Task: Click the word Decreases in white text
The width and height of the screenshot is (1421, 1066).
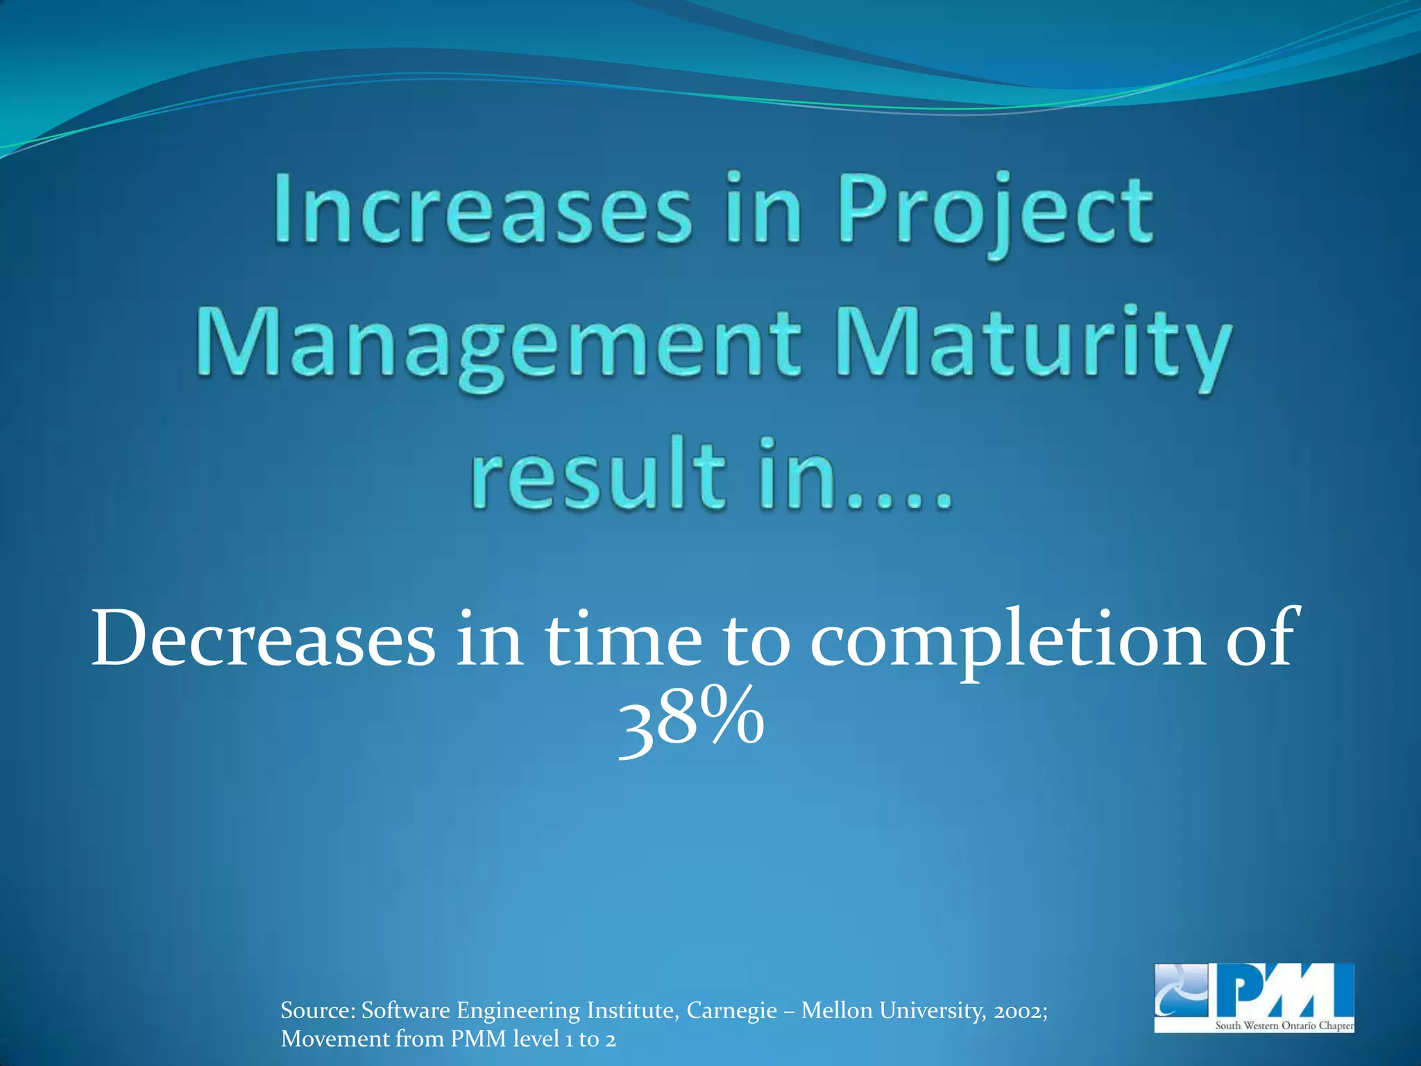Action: pyautogui.click(x=263, y=638)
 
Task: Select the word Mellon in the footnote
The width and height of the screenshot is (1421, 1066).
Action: pyautogui.click(x=837, y=1010)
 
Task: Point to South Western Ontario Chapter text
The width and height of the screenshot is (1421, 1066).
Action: pyautogui.click(x=1284, y=1026)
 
